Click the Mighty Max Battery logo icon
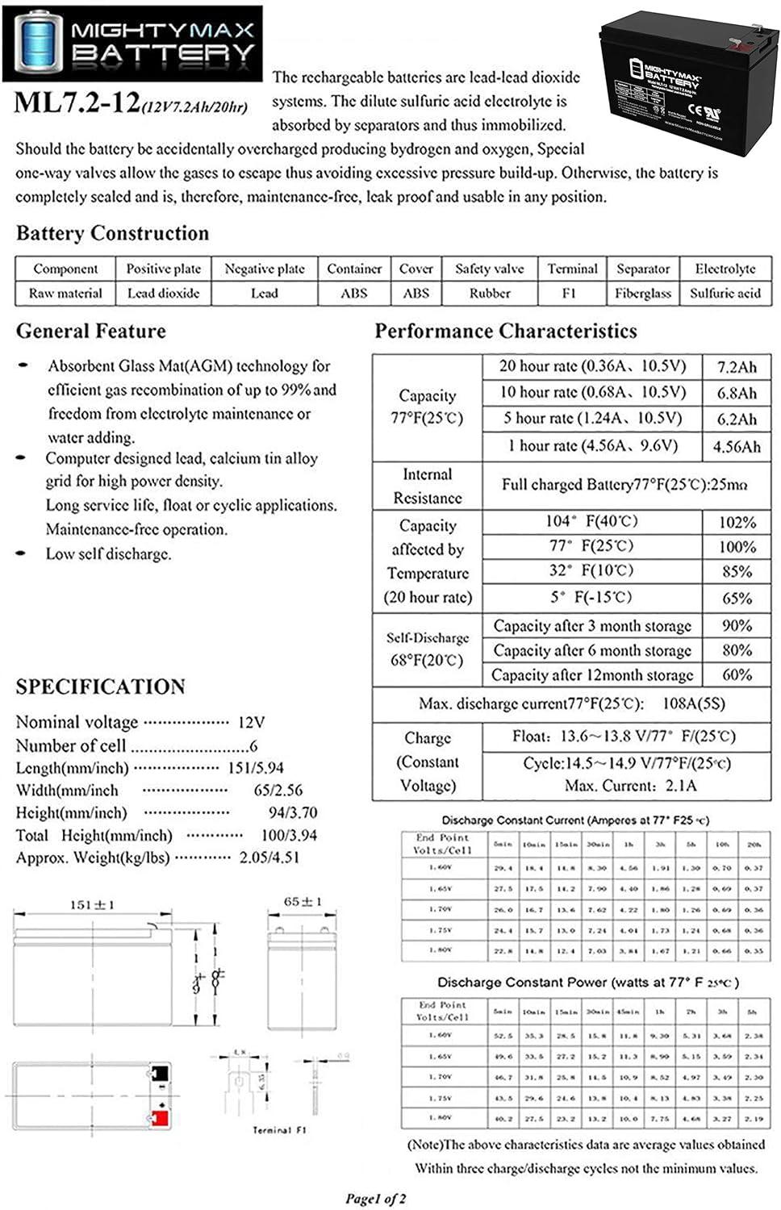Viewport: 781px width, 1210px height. click(x=35, y=43)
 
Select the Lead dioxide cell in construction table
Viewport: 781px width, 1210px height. click(x=163, y=294)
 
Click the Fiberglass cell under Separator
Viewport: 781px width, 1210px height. click(x=642, y=294)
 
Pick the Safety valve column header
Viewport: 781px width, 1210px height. click(x=489, y=269)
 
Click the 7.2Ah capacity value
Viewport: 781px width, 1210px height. click(x=737, y=367)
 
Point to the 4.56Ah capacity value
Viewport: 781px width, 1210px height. click(x=737, y=446)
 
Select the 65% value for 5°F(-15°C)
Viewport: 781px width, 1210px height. click(x=737, y=599)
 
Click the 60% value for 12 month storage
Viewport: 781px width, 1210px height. click(x=737, y=674)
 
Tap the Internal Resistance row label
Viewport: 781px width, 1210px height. click(x=427, y=486)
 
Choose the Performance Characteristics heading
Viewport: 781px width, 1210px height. click(x=505, y=331)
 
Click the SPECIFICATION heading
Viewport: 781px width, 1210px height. click(x=100, y=686)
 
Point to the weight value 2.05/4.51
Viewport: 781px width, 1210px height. click(x=269, y=857)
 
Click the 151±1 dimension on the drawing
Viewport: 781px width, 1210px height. click(x=91, y=904)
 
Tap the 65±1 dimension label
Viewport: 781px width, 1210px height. click(x=303, y=901)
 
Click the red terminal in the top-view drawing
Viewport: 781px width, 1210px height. click(x=159, y=1118)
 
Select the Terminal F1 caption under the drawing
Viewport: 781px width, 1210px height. click(x=279, y=1130)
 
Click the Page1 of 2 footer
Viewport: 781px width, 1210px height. click(x=375, y=1198)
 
